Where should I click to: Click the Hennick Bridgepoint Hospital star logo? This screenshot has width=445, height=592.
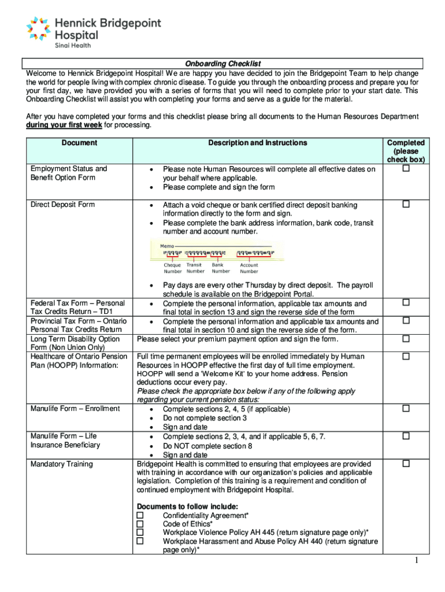[39, 29]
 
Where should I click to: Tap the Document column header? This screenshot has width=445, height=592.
[80, 143]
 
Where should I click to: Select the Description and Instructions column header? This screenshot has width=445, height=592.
[258, 143]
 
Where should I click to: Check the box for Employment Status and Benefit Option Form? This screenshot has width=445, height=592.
[406, 168]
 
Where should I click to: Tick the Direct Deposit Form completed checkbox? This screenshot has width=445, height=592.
[406, 205]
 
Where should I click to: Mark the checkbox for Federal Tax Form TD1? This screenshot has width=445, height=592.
[406, 302]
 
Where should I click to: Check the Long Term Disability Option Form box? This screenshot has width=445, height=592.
[406, 338]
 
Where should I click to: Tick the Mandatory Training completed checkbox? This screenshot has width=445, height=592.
[406, 463]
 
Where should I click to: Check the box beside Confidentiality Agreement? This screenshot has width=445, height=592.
[140, 515]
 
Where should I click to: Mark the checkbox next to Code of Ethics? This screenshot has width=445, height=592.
[140, 524]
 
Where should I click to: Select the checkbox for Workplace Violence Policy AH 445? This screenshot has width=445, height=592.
[140, 532]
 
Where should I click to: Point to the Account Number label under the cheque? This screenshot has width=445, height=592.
[249, 268]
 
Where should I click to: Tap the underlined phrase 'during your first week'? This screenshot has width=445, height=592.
[64, 125]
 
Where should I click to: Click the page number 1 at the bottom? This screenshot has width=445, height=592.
[416, 561]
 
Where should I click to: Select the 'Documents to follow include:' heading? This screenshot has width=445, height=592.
[184, 506]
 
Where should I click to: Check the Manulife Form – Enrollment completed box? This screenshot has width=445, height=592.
[406, 408]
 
